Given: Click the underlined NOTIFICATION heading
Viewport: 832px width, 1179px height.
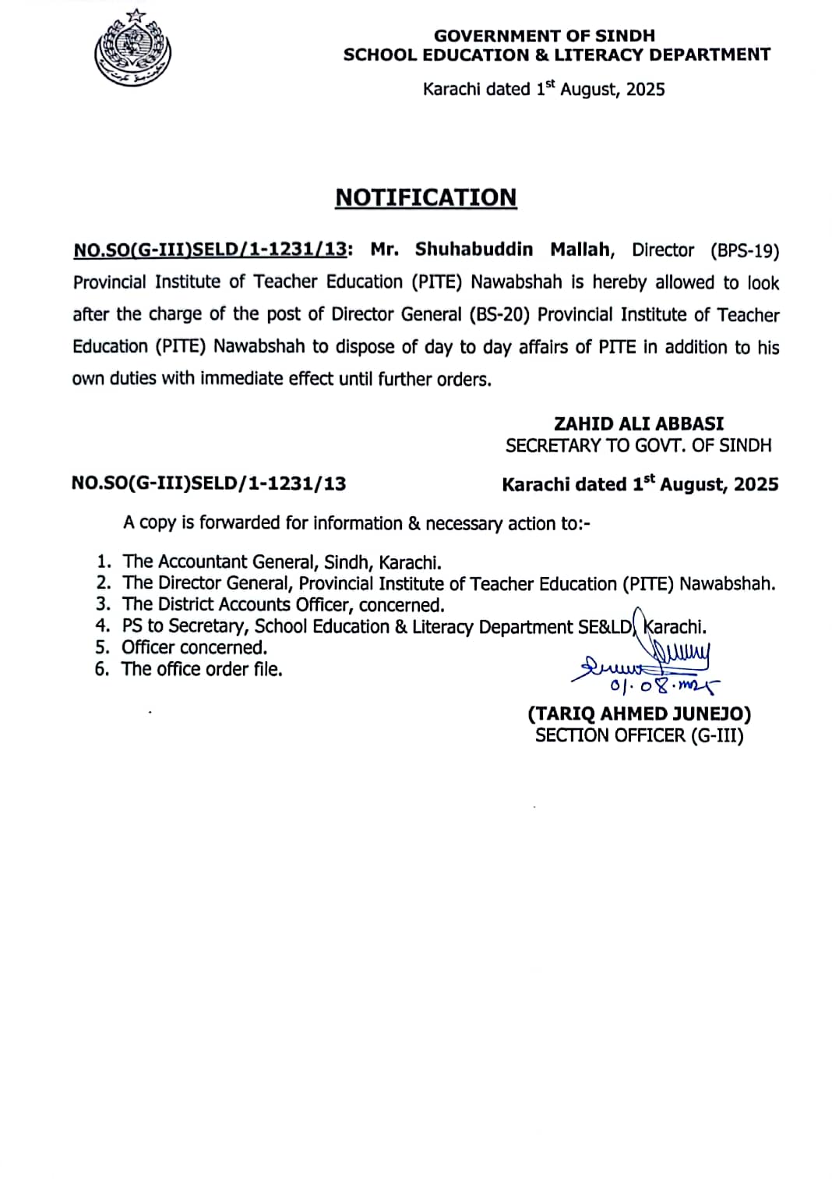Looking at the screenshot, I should [425, 197].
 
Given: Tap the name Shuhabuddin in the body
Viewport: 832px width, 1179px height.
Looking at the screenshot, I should [474, 250].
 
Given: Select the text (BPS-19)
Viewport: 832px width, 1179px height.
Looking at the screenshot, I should [744, 250].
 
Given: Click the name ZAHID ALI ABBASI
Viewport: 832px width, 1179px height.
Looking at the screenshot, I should [638, 423].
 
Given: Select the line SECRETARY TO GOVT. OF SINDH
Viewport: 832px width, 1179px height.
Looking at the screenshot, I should [638, 445].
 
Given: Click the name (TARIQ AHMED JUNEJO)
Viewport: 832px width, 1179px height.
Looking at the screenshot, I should [639, 713].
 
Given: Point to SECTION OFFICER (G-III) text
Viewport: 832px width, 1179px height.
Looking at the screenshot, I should [639, 735].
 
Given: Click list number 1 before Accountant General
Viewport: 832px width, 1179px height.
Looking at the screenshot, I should [104, 561].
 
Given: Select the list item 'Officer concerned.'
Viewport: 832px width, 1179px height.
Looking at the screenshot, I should [194, 647].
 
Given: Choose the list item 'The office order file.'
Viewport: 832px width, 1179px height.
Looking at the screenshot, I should [202, 669].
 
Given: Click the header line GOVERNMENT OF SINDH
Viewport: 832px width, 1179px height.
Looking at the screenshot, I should [544, 35].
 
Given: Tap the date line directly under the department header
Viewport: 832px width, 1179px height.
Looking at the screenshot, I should [544, 89].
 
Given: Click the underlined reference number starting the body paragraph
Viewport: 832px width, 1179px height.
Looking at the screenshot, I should [210, 250].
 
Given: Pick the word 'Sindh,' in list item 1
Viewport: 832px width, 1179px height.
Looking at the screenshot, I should [348, 562].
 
